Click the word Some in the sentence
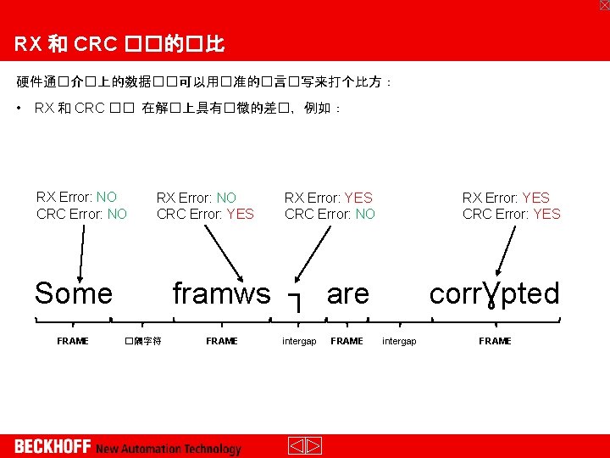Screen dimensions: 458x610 (74, 293)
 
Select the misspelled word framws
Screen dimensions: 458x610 (221, 293)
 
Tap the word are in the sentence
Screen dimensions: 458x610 (348, 293)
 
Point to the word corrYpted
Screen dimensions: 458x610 (495, 293)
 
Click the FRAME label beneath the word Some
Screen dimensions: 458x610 (73, 341)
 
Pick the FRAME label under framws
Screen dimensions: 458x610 (222, 341)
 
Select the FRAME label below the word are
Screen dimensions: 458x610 (347, 341)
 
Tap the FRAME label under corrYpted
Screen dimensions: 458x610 (495, 341)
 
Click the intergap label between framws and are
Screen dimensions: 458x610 (299, 341)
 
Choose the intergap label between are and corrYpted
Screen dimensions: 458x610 (399, 341)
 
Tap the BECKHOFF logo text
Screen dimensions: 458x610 (52, 447)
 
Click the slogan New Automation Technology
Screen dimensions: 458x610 (169, 449)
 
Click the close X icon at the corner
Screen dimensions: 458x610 (603, 5)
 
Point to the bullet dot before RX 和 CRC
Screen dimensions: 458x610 (19, 108)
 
